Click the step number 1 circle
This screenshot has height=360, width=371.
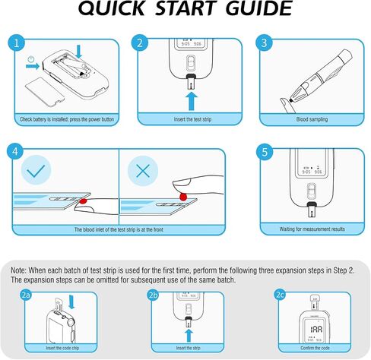(17, 43)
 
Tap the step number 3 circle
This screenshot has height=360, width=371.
(264, 43)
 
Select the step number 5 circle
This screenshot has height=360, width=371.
(265, 152)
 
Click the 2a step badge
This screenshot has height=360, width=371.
(26, 295)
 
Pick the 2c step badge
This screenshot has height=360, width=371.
(280, 295)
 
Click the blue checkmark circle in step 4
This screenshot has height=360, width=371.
(36, 170)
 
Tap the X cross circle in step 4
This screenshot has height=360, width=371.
(143, 171)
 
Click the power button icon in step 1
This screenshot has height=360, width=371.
(31, 60)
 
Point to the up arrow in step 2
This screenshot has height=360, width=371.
(192, 101)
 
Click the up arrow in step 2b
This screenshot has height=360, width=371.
(189, 336)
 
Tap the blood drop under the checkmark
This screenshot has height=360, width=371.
(83, 201)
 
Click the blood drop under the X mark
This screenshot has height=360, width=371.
(183, 197)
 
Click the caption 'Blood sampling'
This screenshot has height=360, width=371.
(312, 119)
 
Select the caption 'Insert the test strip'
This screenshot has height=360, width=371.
(192, 119)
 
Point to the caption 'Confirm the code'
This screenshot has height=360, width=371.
(315, 348)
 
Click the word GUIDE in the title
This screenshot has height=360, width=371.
(259, 9)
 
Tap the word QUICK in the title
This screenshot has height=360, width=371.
(112, 9)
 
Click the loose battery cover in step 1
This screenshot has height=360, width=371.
(43, 91)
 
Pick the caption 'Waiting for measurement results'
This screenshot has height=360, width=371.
(312, 229)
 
